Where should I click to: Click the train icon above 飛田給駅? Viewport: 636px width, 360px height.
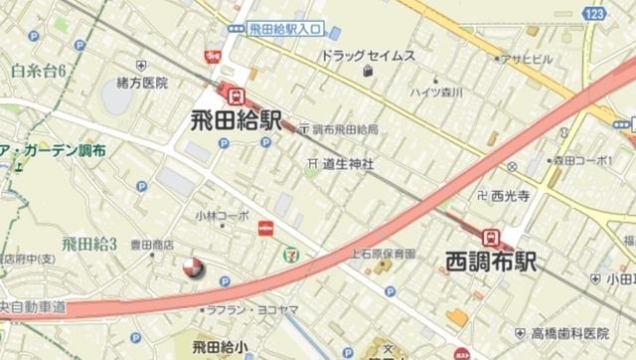[237, 96]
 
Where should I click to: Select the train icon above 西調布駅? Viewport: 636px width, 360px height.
[490, 237]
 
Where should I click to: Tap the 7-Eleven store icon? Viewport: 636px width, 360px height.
[290, 255]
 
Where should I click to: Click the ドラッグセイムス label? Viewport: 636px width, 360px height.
[367, 56]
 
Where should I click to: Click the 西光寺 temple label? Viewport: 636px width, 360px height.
[506, 195]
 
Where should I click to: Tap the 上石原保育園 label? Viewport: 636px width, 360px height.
[383, 255]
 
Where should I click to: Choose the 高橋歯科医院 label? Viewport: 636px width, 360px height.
[568, 332]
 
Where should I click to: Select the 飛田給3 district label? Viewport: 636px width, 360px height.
[89, 243]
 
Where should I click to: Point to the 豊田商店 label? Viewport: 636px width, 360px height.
[154, 243]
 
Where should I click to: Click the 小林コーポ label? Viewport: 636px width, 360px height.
[222, 215]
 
